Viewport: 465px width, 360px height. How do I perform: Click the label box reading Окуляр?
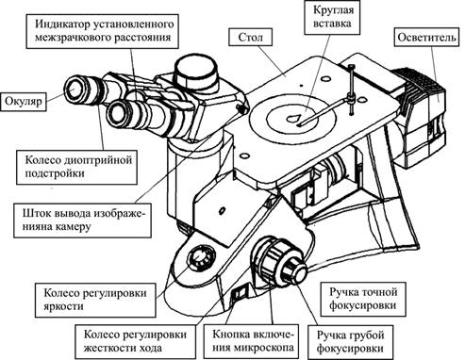click(24, 102)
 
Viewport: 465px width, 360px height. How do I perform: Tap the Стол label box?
click(251, 38)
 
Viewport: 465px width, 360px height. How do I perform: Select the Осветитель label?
click(426, 38)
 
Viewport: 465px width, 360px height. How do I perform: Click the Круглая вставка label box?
click(332, 17)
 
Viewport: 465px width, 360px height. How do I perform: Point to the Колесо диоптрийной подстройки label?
click(77, 167)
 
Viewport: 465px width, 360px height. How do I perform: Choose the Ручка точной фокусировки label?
click(363, 299)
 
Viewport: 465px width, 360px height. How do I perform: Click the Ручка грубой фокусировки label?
click(350, 342)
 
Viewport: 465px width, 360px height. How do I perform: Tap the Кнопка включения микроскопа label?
click(254, 341)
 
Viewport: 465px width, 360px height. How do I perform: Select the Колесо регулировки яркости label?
click(95, 300)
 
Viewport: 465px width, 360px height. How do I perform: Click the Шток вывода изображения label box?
click(83, 221)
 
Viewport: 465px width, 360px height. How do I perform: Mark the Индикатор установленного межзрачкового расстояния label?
click(103, 31)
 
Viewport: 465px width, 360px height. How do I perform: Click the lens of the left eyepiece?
click(73, 89)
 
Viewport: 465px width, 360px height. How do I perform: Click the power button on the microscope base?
click(241, 293)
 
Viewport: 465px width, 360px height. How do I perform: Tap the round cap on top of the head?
click(196, 72)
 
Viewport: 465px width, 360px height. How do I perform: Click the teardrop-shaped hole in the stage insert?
click(293, 119)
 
